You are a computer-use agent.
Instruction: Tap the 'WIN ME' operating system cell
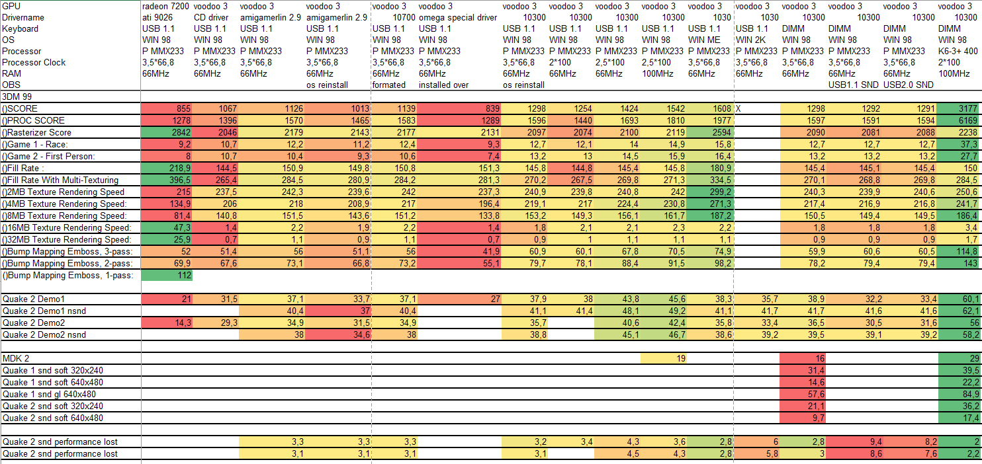pyautogui.click(x=704, y=40)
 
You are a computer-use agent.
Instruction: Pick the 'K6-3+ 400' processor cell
pyautogui.click(x=958, y=51)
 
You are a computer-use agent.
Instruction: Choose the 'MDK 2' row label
pyautogui.click(x=16, y=358)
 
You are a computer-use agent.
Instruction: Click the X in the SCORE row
pyautogui.click(x=738, y=108)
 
